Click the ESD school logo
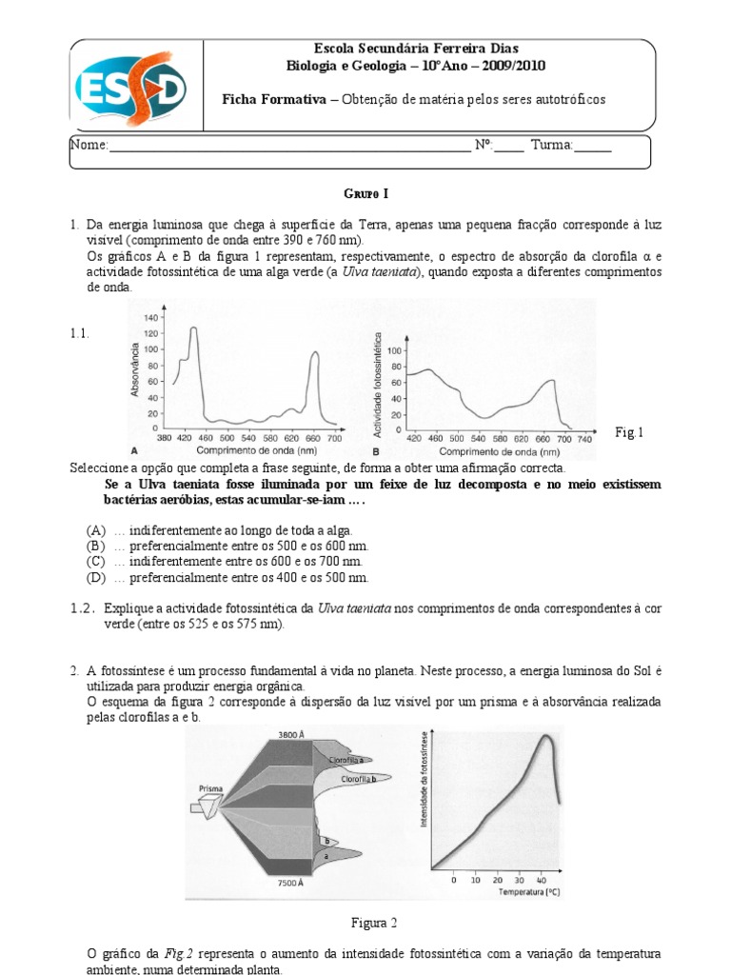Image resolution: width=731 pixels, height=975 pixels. point(132,87)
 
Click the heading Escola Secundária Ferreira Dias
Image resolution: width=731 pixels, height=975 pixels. point(416,49)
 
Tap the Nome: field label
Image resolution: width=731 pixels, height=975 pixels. point(89,146)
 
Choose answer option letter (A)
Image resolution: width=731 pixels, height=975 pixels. point(96,529)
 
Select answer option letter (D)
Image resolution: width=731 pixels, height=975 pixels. point(96,578)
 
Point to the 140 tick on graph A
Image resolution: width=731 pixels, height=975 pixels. point(151,316)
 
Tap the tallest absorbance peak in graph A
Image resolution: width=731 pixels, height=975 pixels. point(193,328)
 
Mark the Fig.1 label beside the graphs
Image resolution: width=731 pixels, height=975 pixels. point(629,433)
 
